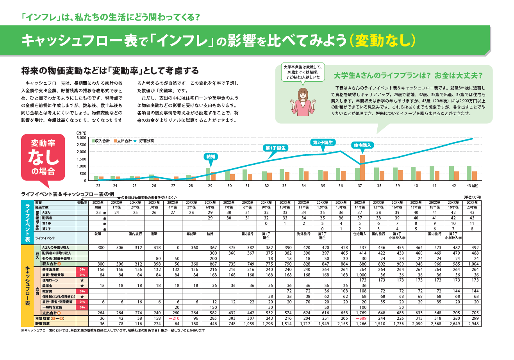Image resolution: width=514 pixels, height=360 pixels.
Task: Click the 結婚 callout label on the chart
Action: coord(211,156)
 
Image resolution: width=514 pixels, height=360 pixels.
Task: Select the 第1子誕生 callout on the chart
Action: coord(276,148)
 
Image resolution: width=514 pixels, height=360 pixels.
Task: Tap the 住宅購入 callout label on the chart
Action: coord(362,145)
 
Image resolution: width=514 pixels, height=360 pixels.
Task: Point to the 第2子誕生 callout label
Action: coord(323,143)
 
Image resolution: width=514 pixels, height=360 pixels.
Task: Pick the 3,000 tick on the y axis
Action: coord(81,138)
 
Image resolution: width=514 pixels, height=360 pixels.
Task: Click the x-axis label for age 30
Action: coord(230,185)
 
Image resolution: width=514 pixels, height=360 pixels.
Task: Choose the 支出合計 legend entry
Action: coord(123,140)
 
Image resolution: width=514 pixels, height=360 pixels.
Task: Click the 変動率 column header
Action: coord(82,203)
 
